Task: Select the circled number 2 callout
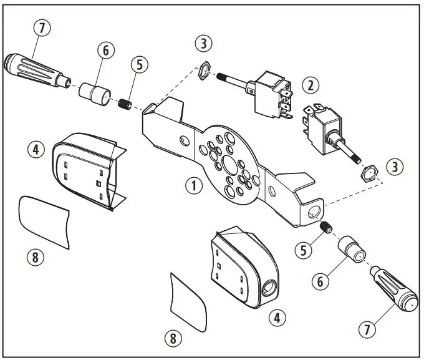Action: point(310,84)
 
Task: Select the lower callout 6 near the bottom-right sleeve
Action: point(320,281)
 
